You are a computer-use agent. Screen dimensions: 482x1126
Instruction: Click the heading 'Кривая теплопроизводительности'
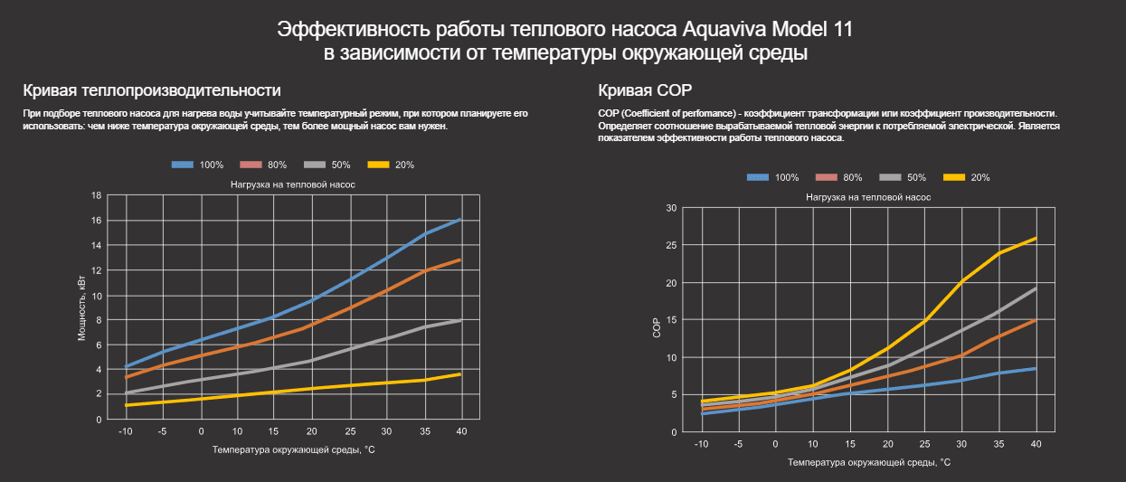point(152,90)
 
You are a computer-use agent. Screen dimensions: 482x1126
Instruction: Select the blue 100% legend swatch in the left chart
point(183,165)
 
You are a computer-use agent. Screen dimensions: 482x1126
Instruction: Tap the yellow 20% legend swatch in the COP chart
point(954,177)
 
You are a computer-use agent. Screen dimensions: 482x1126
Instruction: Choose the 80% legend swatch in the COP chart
point(826,177)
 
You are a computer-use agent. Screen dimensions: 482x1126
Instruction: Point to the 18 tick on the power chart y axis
point(96,195)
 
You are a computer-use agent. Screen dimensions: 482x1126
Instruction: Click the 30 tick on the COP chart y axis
point(671,208)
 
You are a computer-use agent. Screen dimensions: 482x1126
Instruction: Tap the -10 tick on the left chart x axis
point(127,431)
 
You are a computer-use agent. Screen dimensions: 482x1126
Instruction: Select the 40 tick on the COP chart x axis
point(1036,444)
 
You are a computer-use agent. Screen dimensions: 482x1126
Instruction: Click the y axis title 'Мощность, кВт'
point(81,307)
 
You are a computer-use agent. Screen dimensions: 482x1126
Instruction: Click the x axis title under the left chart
point(293,449)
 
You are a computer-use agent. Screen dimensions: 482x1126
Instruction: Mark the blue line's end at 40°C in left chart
point(460,220)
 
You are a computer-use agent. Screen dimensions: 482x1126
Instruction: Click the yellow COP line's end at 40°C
point(1036,238)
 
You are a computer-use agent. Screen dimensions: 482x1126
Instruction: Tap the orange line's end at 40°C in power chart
point(460,260)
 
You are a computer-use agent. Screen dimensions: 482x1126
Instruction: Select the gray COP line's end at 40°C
point(1036,288)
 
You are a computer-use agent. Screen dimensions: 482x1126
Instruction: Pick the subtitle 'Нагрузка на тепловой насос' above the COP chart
point(867,196)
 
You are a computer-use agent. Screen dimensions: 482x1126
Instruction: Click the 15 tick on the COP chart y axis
point(671,320)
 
